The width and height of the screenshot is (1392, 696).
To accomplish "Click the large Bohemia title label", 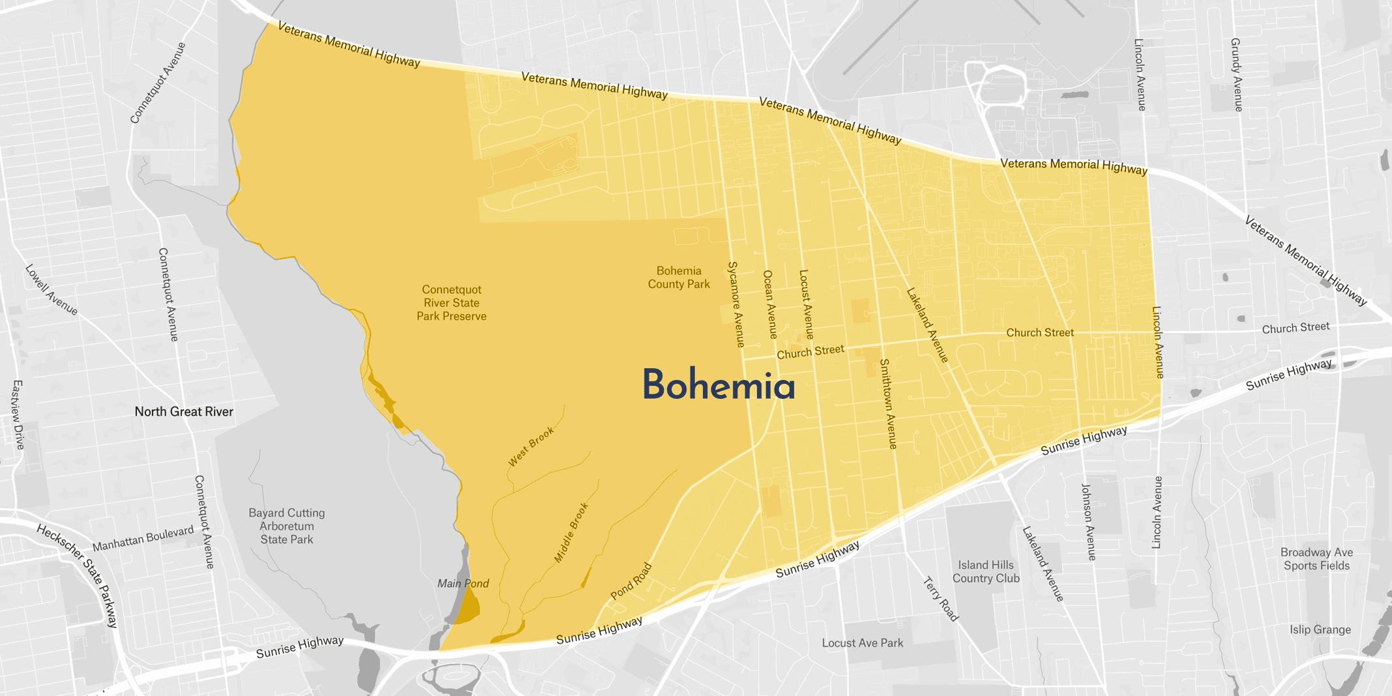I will [718, 385].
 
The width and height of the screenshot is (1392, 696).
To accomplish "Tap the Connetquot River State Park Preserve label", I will [451, 303].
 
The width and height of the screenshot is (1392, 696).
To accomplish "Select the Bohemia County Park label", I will [679, 278].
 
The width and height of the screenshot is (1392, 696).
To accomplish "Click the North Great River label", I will [184, 412].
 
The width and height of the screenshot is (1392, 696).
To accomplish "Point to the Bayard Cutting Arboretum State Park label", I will [287, 527].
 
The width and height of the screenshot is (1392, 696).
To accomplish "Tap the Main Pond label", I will [463, 584].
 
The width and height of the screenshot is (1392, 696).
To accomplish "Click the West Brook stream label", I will [531, 447].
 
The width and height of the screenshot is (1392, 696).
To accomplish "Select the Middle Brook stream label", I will [571, 532].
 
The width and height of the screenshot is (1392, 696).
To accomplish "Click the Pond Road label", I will [631, 581].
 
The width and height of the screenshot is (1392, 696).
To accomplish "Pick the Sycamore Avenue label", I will [736, 304].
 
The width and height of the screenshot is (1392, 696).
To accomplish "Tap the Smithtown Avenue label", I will [889, 404].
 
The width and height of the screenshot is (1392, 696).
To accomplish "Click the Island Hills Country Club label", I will [986, 572].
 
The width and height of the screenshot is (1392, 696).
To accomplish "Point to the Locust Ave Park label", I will [863, 643].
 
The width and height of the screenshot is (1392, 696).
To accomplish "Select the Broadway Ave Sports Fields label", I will [1316, 559].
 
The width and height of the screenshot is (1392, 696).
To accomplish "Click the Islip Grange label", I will [1320, 630].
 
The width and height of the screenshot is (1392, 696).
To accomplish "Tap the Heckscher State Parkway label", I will [78, 576].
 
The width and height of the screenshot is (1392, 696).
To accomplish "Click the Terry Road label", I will [941, 599].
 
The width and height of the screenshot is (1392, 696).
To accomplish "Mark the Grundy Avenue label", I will [1237, 74].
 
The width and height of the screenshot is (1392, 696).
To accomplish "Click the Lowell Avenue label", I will [52, 290].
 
